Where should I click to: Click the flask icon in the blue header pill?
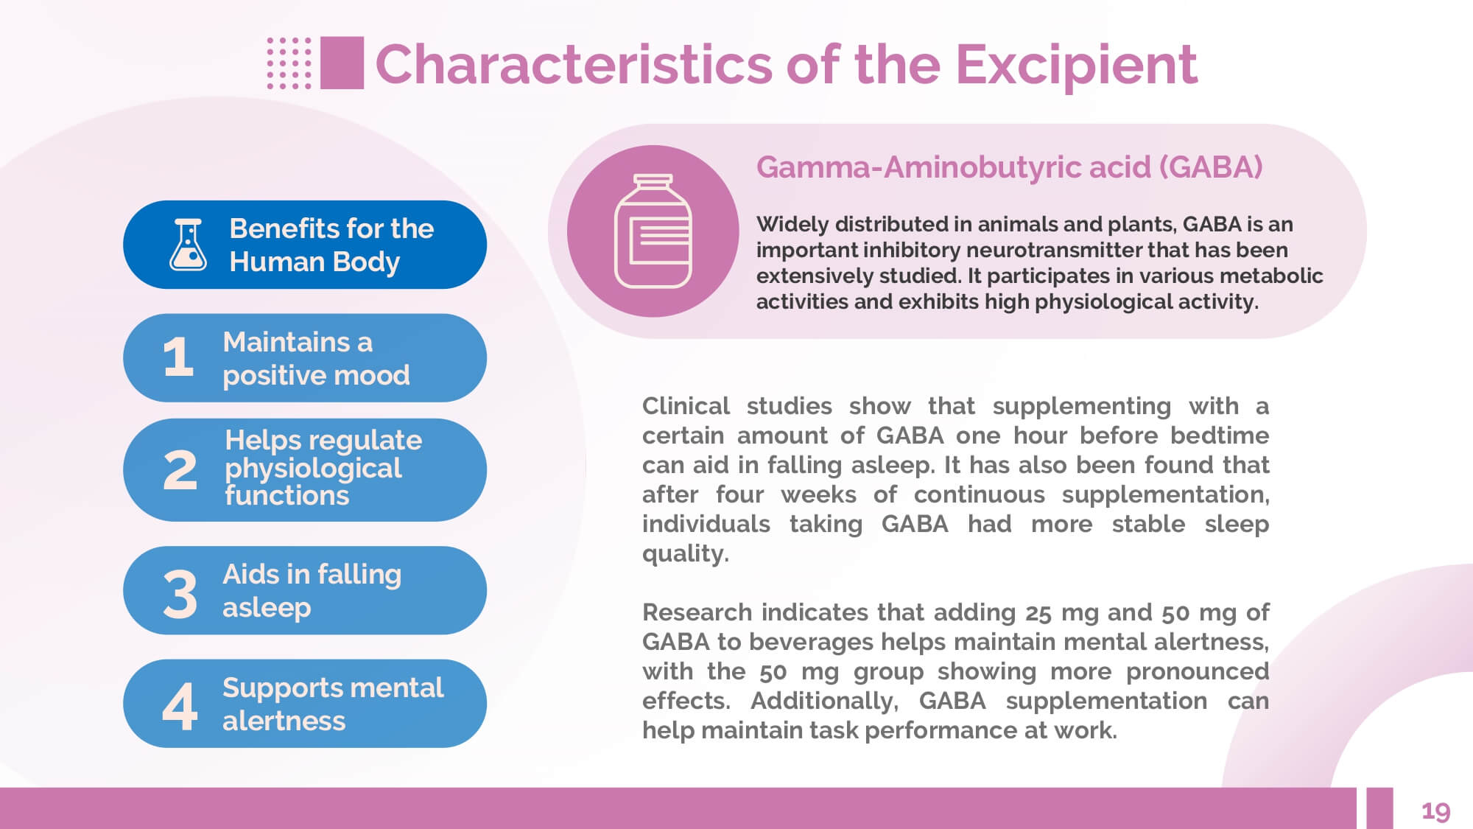click(x=189, y=245)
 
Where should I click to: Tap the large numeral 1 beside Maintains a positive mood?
click(x=178, y=357)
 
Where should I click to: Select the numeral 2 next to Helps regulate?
click(x=180, y=470)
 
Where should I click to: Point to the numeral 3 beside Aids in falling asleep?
click(x=180, y=594)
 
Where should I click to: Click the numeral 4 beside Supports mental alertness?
click(x=180, y=707)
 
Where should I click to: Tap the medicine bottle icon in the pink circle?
click(x=653, y=231)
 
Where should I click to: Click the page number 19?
click(x=1435, y=811)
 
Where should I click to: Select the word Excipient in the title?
click(x=1076, y=65)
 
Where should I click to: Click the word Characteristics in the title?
click(x=574, y=64)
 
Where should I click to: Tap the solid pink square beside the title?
click(x=342, y=63)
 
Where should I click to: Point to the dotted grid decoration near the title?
click(x=289, y=63)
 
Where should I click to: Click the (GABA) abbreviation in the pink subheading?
click(x=1211, y=167)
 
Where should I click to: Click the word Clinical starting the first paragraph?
click(x=686, y=405)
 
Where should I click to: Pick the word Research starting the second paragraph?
click(x=697, y=612)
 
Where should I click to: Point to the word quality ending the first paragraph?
click(x=686, y=554)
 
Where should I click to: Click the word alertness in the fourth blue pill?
click(x=284, y=721)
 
